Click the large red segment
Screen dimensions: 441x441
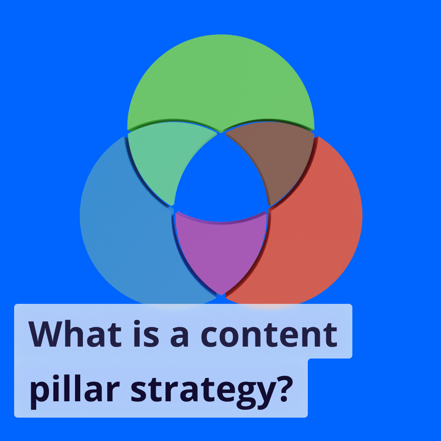coord(318,229)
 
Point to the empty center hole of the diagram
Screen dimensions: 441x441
coord(220,176)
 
